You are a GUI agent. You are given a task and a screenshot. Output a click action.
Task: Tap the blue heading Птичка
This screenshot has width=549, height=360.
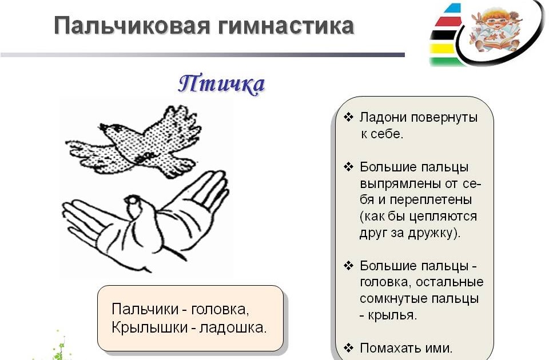tap(221, 85)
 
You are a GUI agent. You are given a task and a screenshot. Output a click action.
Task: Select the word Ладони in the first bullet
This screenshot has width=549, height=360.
tap(380, 118)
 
